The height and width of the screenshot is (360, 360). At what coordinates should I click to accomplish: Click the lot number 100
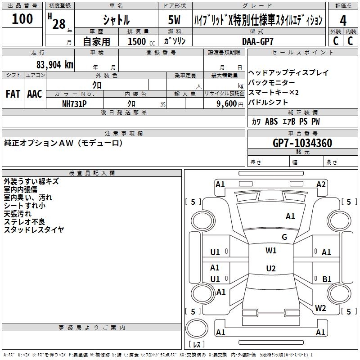point(22,19)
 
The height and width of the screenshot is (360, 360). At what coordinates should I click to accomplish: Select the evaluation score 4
point(343,20)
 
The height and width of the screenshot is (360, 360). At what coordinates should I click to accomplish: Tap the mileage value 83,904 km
point(54,65)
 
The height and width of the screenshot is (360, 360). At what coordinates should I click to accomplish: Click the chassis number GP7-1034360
point(302,143)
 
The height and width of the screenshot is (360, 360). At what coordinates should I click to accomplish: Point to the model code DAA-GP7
point(257,41)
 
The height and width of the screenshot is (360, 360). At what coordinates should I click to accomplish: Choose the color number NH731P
point(74,103)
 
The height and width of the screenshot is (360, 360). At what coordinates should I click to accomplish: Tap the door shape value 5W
point(175,20)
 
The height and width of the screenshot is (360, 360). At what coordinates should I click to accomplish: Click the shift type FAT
point(13,94)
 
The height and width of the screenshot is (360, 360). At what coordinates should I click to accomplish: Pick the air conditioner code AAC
point(34,94)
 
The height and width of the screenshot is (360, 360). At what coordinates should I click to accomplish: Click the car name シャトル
point(116,20)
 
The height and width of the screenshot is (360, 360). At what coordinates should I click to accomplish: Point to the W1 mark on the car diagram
point(271,251)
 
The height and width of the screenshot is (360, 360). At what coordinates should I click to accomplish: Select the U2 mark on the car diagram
point(270,269)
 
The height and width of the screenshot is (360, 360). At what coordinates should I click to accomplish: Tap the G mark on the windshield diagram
point(284,237)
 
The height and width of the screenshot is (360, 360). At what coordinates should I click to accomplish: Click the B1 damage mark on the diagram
point(327,279)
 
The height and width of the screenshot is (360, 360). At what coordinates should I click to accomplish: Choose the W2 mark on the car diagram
point(320,308)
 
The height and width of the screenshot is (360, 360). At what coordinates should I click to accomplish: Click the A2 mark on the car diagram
point(321,184)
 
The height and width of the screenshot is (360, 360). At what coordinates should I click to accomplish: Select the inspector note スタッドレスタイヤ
point(34,230)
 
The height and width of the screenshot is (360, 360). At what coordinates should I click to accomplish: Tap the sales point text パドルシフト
point(268,102)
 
